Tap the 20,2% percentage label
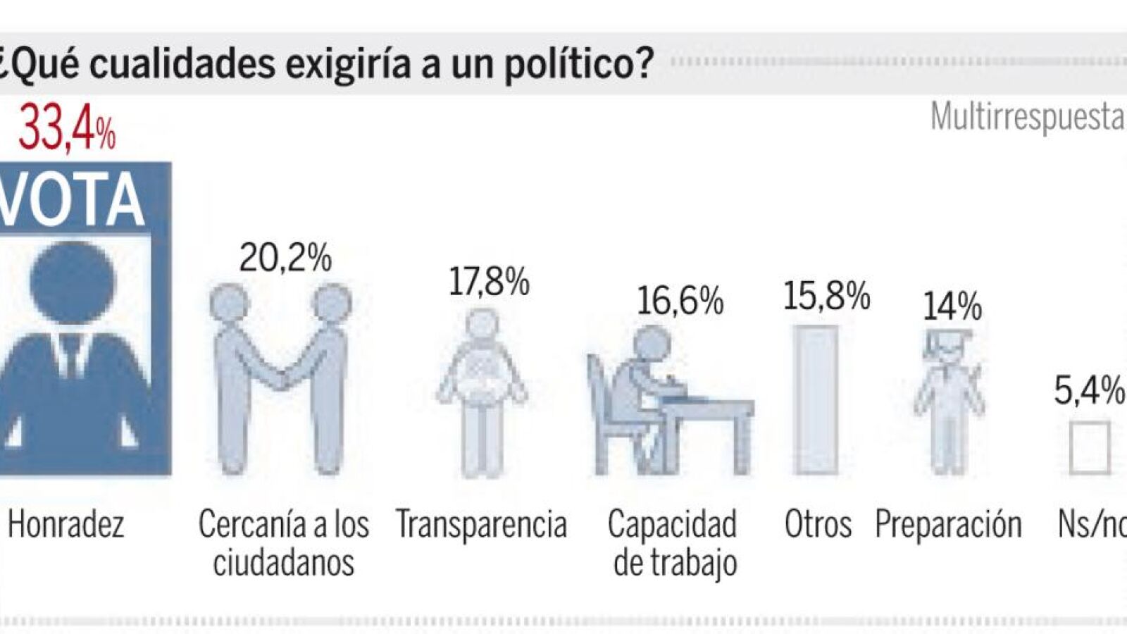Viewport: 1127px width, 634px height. coord(285,258)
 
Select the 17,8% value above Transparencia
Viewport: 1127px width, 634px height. coord(489,282)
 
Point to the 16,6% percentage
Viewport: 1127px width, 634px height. coord(680,301)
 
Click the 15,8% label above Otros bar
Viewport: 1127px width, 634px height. coord(826,296)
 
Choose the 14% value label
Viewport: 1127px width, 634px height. coord(952,306)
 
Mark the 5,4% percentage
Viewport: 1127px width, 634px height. coord(1088,390)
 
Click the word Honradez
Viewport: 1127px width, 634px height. coord(66,525)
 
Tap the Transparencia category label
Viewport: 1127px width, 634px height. coord(481,525)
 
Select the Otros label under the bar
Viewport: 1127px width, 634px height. coord(818,525)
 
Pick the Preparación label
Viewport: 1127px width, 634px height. coord(948,525)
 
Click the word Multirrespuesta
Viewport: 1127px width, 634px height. coord(1026,117)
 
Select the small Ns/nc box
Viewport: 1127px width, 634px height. coord(1089,447)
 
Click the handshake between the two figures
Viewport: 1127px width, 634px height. coord(283,380)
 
